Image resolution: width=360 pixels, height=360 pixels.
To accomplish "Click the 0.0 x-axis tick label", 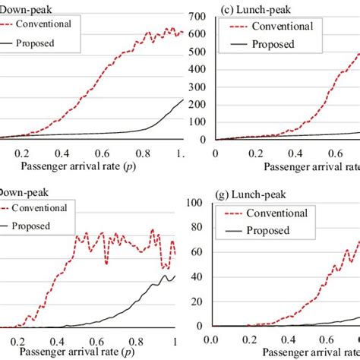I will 215,339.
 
